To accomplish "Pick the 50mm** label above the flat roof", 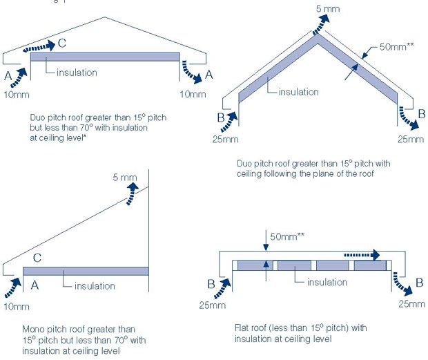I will pyautogui.click(x=284, y=236).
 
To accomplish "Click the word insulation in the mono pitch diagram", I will pyautogui.click(x=95, y=285).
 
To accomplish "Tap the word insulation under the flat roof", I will pyautogui.click(x=327, y=282).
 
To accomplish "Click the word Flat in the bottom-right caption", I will pyautogui.click(x=243, y=328).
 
